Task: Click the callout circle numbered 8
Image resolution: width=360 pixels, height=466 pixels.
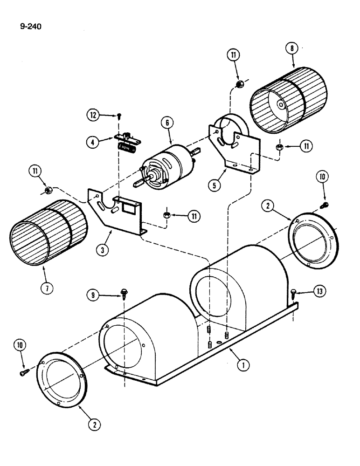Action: click(292, 49)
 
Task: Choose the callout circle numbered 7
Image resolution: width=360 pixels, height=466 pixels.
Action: click(47, 288)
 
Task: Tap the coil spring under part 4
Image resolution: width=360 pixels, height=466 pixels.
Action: click(127, 148)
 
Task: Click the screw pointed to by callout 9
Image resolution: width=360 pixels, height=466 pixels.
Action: click(124, 292)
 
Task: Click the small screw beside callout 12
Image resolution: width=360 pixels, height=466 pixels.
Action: click(120, 115)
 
